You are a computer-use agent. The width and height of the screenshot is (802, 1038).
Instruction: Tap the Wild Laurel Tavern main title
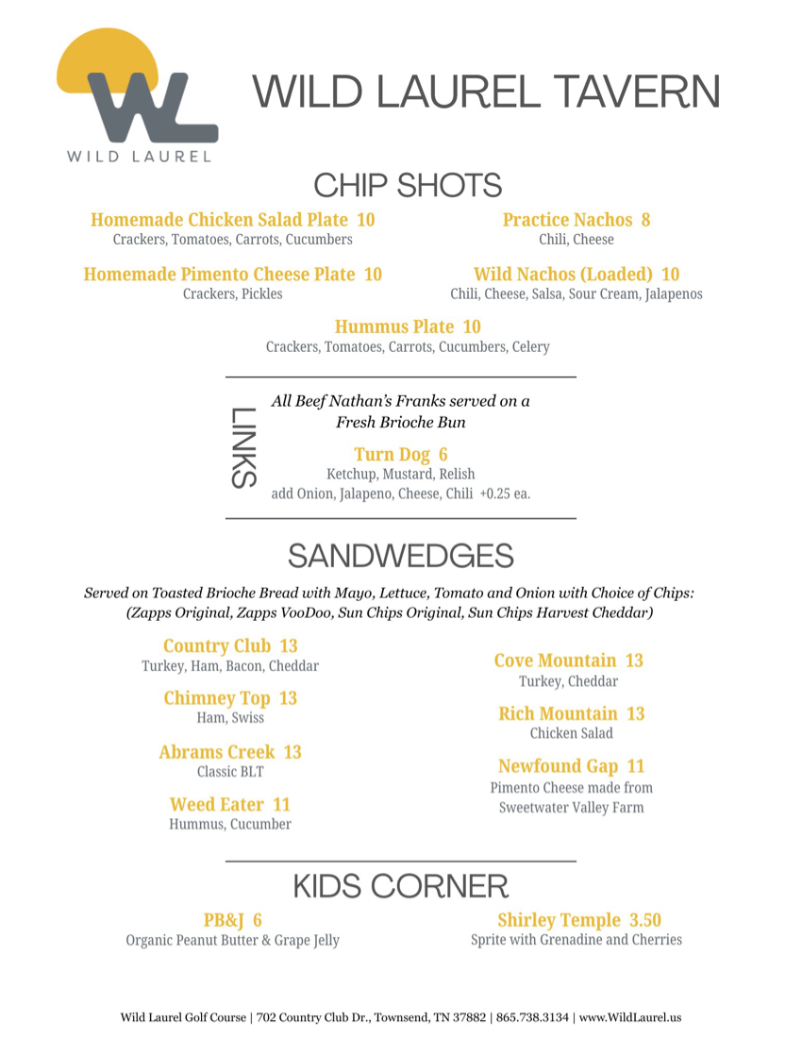486,92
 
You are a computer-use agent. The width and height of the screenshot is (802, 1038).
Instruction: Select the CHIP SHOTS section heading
407,185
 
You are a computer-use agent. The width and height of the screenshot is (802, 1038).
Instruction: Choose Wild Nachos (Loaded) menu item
563,275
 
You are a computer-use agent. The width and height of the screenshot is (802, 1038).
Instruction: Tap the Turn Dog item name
392,455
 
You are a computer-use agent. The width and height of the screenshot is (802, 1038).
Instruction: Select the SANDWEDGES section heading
400,556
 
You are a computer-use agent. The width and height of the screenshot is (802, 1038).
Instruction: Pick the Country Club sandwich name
218,646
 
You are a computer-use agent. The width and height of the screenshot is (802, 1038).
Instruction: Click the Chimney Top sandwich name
217,698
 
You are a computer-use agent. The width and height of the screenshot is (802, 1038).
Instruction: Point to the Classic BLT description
230,772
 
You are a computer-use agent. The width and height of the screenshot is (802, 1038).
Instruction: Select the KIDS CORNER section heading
400,886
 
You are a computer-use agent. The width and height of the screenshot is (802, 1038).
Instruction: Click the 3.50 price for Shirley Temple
645,920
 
